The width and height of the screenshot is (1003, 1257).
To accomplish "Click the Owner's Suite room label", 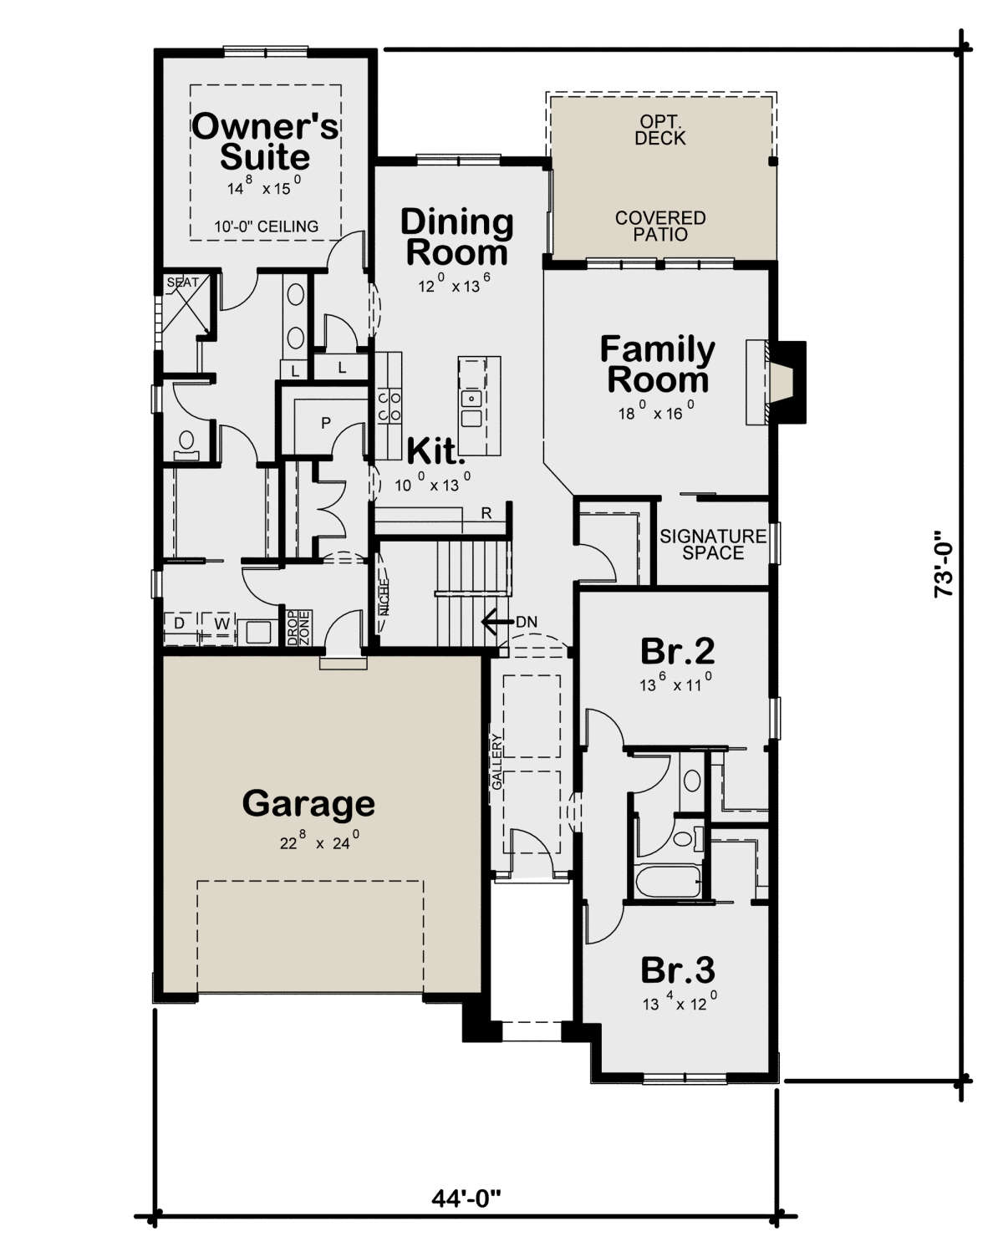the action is (265, 141).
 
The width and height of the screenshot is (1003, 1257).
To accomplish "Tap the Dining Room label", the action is (457, 237).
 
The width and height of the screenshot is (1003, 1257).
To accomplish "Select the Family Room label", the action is (657, 364).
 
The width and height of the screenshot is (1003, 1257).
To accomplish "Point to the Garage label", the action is (308, 804).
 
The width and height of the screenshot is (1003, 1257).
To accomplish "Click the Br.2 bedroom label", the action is (677, 651).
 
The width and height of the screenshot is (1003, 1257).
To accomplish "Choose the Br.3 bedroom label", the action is (677, 970).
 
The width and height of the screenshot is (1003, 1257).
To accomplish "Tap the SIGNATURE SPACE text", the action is (713, 544).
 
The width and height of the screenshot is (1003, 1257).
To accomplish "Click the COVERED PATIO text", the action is (660, 226).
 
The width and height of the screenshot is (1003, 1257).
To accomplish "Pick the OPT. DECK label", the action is (660, 130).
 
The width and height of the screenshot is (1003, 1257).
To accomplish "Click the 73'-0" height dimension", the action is (943, 563).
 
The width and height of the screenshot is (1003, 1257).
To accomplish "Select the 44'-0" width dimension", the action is (466, 1198).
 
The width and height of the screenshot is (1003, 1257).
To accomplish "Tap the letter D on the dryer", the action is (180, 623).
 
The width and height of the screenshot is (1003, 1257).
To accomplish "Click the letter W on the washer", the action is (221, 623).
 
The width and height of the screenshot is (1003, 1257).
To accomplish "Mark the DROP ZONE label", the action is (299, 628).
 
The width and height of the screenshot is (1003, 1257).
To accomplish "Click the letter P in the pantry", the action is (326, 423).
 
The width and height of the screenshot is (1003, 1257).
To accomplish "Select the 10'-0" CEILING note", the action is (266, 226).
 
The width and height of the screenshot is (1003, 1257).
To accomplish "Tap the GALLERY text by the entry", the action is (497, 761).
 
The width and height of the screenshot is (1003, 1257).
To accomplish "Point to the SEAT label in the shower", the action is (182, 282).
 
